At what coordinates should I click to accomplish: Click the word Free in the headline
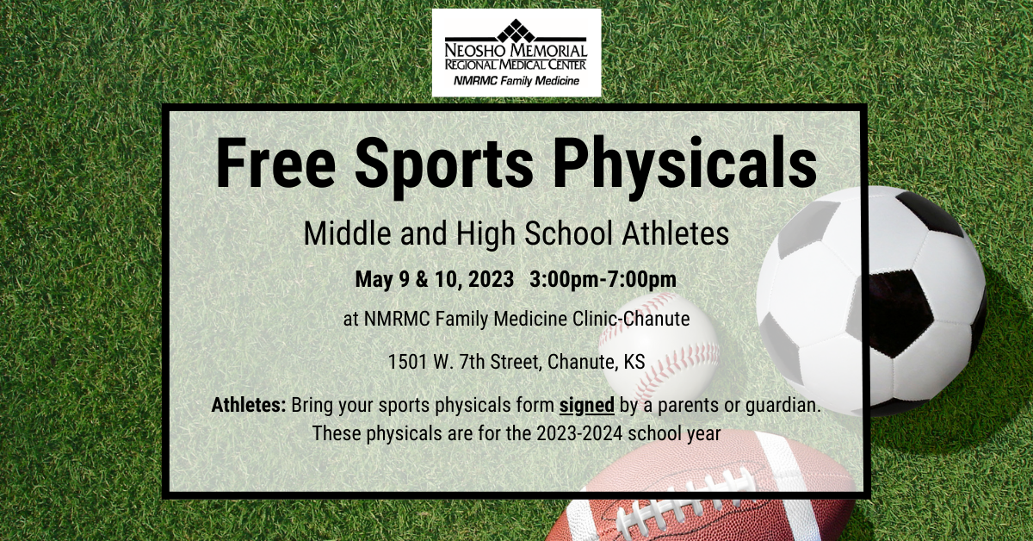coord(275,163)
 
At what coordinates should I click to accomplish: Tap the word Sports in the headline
coord(443,167)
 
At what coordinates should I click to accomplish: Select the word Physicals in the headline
coord(685,167)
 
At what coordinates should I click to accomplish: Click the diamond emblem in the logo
coord(516,30)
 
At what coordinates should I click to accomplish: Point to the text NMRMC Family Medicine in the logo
coord(516,81)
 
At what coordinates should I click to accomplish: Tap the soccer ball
coord(871,301)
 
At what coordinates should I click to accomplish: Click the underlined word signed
coord(586,406)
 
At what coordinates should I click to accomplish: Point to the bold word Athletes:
coord(249,405)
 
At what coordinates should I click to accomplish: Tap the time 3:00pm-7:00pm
coord(603,280)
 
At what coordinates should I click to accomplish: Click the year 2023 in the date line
coord(492,279)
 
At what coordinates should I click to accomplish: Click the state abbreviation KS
coord(634,362)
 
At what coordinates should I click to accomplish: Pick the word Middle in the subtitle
coord(347,233)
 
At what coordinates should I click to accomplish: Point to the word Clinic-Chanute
coord(631,319)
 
